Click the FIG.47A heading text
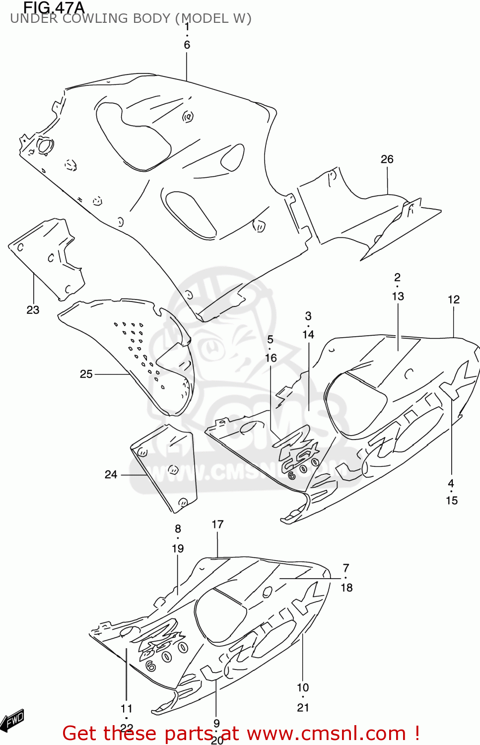click(x=54, y=7)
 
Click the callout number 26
click(x=387, y=159)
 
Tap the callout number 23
click(x=33, y=310)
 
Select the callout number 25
click(x=86, y=374)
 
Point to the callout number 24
click(x=111, y=475)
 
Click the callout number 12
click(x=453, y=299)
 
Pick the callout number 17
click(x=217, y=524)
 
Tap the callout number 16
click(x=271, y=358)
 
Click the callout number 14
click(x=308, y=335)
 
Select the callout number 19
click(x=178, y=549)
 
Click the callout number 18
click(x=346, y=588)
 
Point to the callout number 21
click(x=303, y=708)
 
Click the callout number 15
click(x=451, y=501)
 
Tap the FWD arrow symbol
click(x=12, y=721)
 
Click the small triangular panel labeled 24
click(x=166, y=467)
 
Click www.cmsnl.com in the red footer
click(x=326, y=733)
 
